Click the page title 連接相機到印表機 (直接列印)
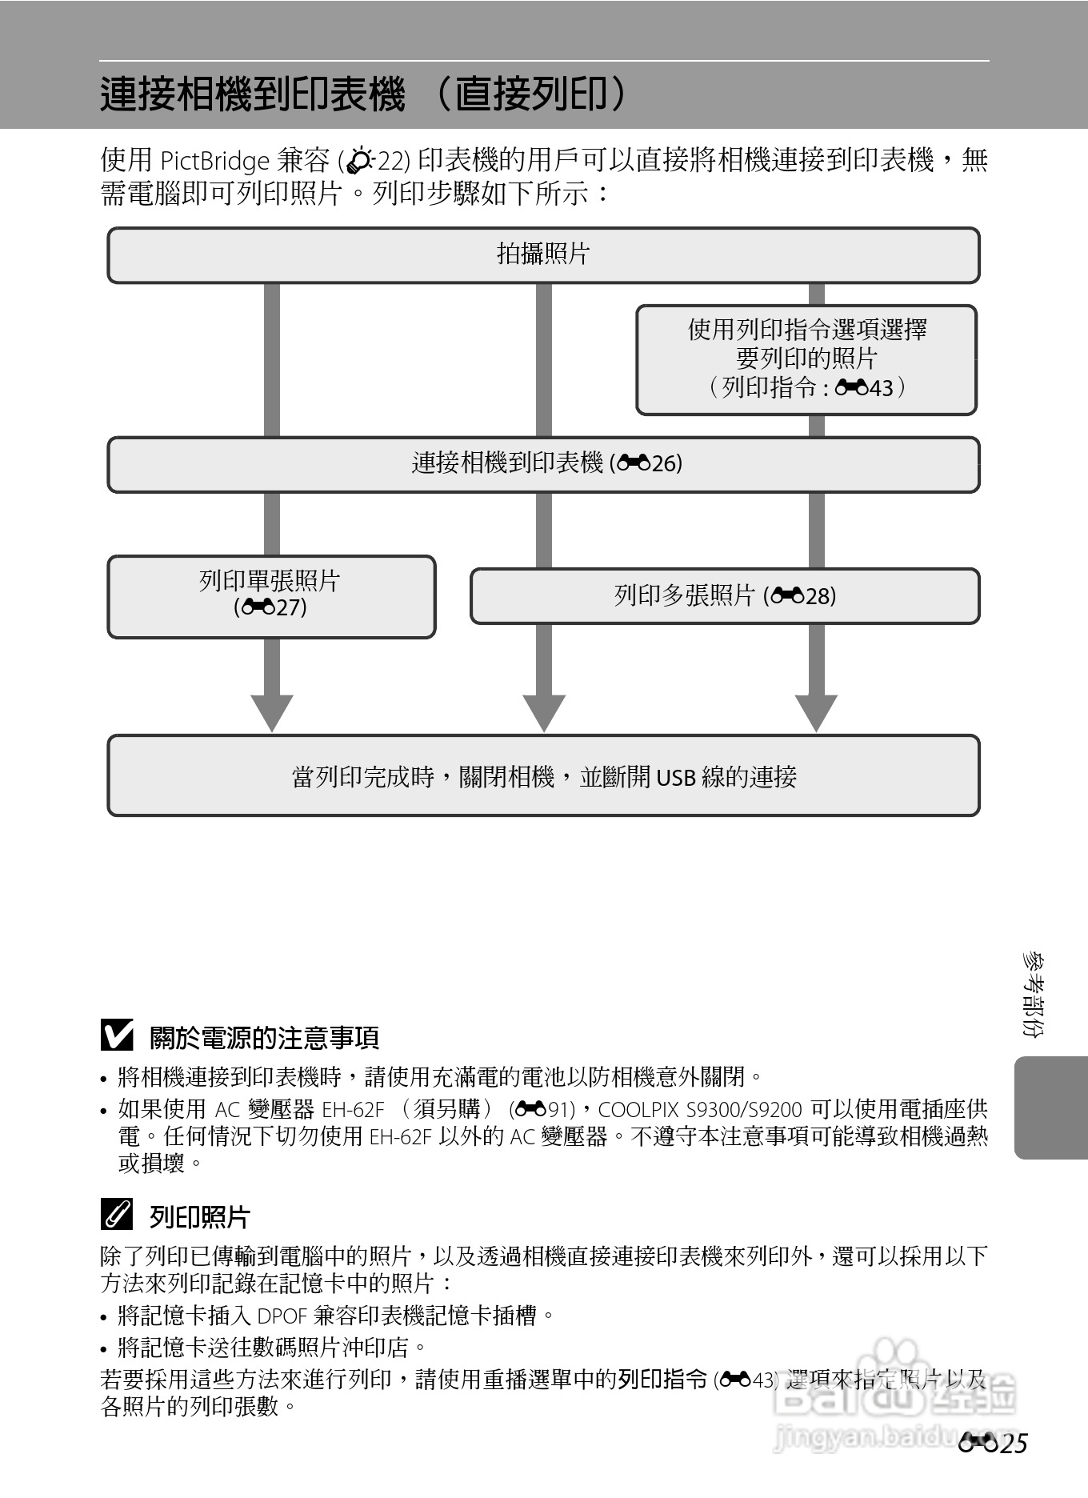(x=364, y=94)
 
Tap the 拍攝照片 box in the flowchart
(x=543, y=255)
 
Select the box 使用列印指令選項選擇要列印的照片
(x=806, y=359)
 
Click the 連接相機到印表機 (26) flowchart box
(x=543, y=464)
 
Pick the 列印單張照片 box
(x=271, y=596)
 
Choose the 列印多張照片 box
(x=725, y=596)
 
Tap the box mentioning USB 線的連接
(x=543, y=776)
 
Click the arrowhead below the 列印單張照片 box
(x=272, y=711)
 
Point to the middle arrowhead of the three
(x=544, y=711)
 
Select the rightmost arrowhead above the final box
(x=816, y=711)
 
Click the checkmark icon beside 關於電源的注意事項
(x=117, y=1036)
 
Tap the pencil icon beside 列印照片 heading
(x=117, y=1216)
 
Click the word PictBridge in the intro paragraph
(x=214, y=162)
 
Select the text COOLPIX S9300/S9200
(x=699, y=1110)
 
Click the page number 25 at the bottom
(x=1012, y=1444)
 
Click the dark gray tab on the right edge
(x=1051, y=1107)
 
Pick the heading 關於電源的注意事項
(x=264, y=1038)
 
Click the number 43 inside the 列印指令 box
(x=881, y=389)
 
